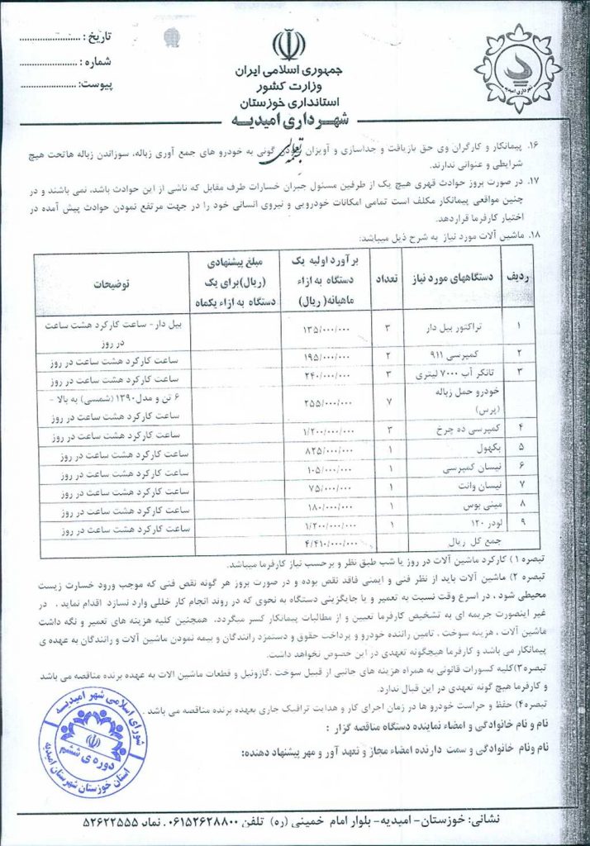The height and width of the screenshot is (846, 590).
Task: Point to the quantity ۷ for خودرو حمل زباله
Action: coord(388,402)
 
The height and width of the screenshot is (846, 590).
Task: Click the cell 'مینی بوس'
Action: coord(466,503)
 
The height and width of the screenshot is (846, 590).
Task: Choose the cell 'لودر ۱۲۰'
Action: coord(466,523)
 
